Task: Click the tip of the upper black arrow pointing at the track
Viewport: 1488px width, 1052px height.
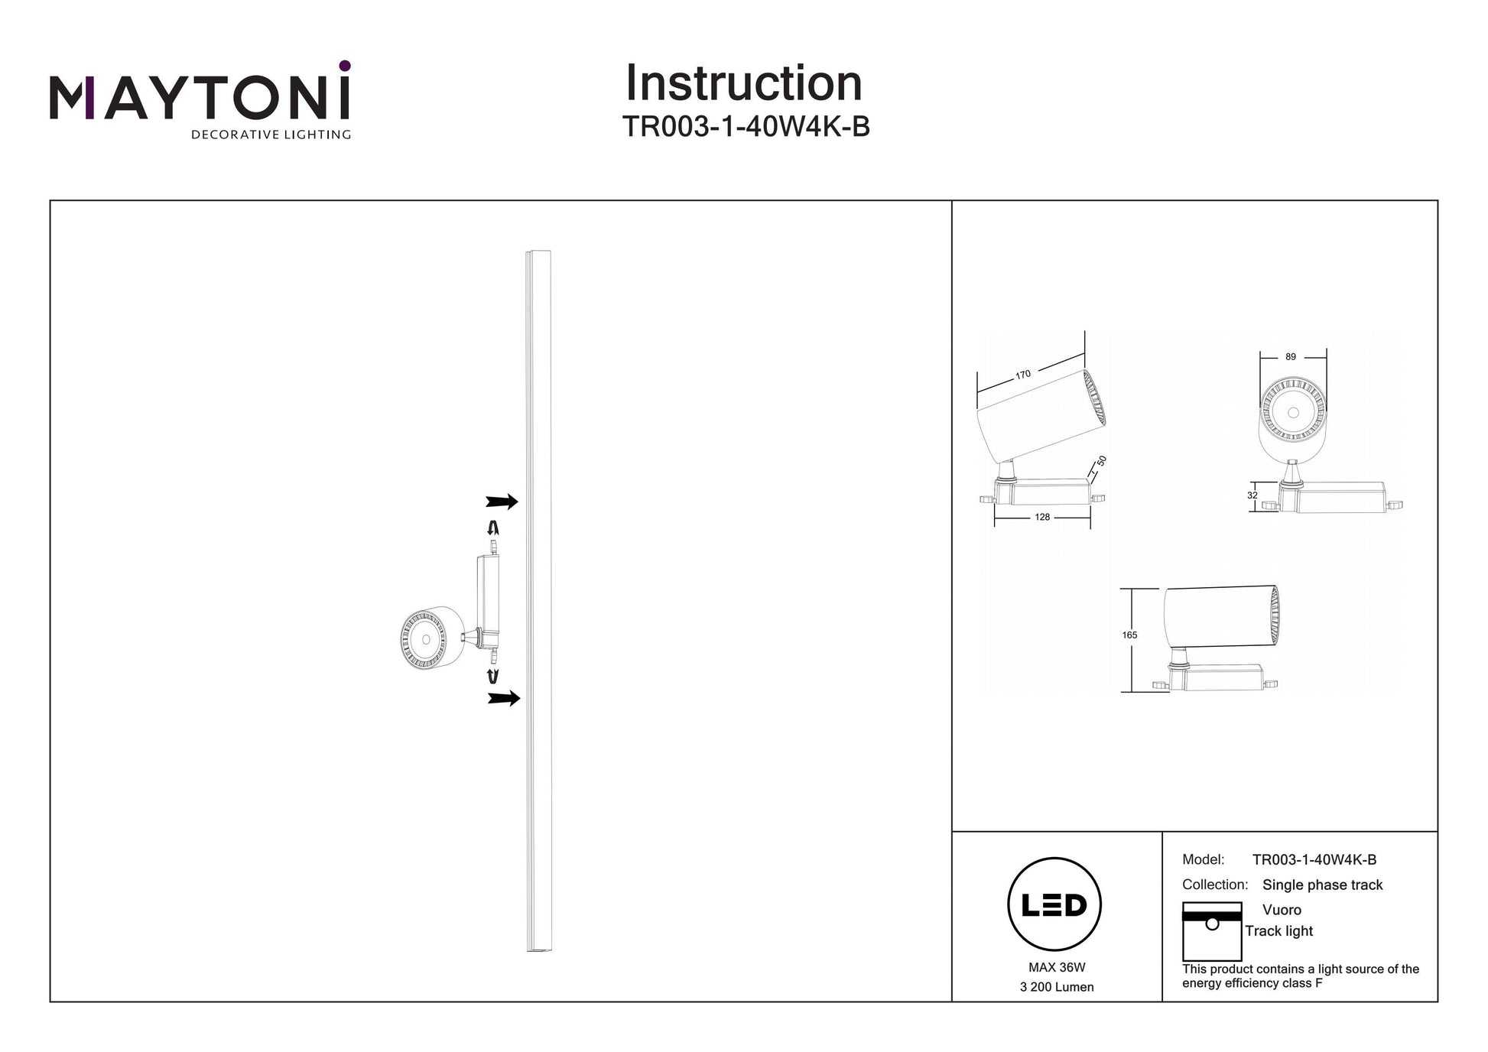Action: pyautogui.click(x=518, y=502)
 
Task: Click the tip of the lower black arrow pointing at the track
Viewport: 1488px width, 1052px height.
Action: pyautogui.click(x=521, y=698)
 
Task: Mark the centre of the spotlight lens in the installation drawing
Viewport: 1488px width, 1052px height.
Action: pyautogui.click(x=424, y=638)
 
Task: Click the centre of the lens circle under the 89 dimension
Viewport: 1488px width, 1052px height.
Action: pyautogui.click(x=1293, y=412)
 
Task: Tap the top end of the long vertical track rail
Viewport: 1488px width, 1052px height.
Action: pyautogui.click(x=539, y=251)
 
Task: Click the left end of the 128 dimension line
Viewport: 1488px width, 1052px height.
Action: pyautogui.click(x=995, y=518)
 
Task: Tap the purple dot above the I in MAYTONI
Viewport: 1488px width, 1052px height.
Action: pyautogui.click(x=345, y=66)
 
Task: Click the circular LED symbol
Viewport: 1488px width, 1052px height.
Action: pyautogui.click(x=1054, y=904)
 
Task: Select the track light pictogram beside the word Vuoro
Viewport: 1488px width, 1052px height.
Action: pyautogui.click(x=1212, y=931)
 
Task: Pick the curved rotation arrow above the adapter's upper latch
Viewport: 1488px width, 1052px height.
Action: pyautogui.click(x=494, y=528)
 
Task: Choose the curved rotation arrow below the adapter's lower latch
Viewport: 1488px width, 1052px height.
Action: pyautogui.click(x=494, y=676)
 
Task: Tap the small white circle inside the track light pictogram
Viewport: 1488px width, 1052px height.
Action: pyautogui.click(x=1212, y=924)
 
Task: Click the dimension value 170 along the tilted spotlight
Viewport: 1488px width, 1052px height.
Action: pyautogui.click(x=1023, y=375)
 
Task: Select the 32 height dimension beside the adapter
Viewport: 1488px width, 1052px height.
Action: pyautogui.click(x=1252, y=495)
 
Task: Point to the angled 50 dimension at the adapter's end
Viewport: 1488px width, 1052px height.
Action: pyautogui.click(x=1101, y=461)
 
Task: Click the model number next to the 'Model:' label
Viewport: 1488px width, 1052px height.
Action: pyautogui.click(x=1314, y=859)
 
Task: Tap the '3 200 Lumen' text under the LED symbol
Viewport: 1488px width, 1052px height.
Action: pyautogui.click(x=1057, y=987)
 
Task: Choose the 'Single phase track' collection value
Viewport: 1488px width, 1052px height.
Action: pyautogui.click(x=1323, y=885)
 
